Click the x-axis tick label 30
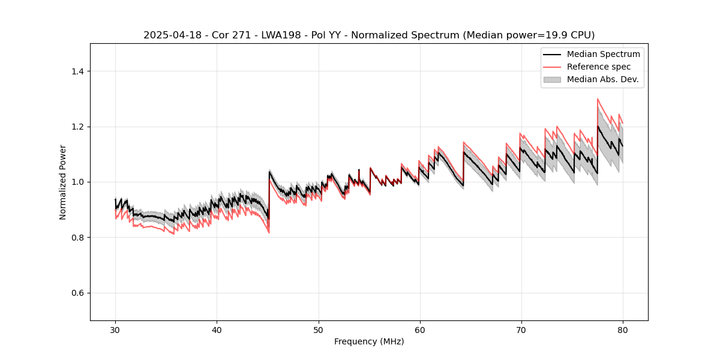115,330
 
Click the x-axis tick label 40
217,330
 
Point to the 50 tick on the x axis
319,330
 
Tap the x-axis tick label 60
420,330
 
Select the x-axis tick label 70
521,330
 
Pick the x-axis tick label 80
623,330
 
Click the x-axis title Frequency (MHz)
369,342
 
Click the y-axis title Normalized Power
63,182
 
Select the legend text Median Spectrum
604,54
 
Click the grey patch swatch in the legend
552,79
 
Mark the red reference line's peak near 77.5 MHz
598,99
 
